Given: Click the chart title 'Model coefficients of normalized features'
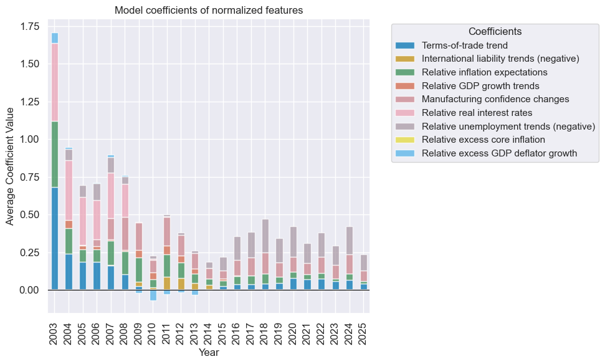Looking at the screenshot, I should coord(209,11).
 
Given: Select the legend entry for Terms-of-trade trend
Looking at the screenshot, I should coord(464,45).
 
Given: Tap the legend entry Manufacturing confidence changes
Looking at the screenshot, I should coord(495,99).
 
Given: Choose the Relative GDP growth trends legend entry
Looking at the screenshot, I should coord(480,86).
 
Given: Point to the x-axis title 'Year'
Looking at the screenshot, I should coord(209,353).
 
